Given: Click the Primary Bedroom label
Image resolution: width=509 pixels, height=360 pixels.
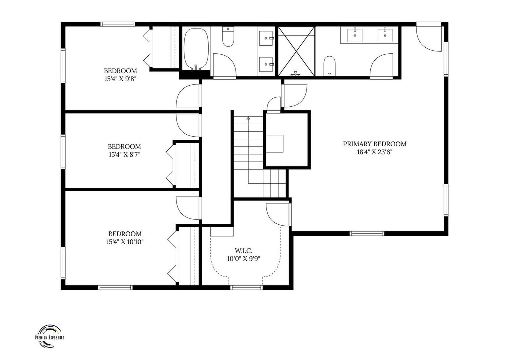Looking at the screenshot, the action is [374, 144].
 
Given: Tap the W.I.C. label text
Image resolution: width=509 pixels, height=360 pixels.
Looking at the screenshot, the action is [244, 251].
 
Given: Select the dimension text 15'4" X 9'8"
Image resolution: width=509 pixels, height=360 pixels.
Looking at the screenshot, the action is [120, 79].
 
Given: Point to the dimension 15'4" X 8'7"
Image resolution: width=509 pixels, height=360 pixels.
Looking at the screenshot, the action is [124, 155].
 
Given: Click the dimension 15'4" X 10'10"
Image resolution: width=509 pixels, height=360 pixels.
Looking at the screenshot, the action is [125, 242].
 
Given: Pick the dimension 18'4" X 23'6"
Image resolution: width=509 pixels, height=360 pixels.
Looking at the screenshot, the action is [375, 152].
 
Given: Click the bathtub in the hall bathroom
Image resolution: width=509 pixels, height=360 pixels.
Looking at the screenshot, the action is [196, 49].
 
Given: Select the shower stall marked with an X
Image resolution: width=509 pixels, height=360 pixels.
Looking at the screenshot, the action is [296, 51].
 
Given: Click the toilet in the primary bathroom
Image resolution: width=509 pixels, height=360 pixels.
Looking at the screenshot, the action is [329, 66].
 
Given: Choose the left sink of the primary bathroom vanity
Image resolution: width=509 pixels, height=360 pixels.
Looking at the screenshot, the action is [355, 35].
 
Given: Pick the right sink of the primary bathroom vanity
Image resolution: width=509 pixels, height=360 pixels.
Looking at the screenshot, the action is [385, 35].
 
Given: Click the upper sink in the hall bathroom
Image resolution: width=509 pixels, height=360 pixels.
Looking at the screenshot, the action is [266, 38].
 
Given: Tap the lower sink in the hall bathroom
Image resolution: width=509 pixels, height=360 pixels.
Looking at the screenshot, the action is [266, 64].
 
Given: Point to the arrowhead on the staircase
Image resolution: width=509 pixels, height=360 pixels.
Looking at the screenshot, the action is [249, 118].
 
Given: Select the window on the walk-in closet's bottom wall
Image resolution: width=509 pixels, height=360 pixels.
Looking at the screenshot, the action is [246, 287].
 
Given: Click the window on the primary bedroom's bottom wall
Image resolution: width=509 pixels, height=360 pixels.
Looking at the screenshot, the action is [367, 233].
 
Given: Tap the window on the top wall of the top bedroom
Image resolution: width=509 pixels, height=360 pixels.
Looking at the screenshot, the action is [118, 24].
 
